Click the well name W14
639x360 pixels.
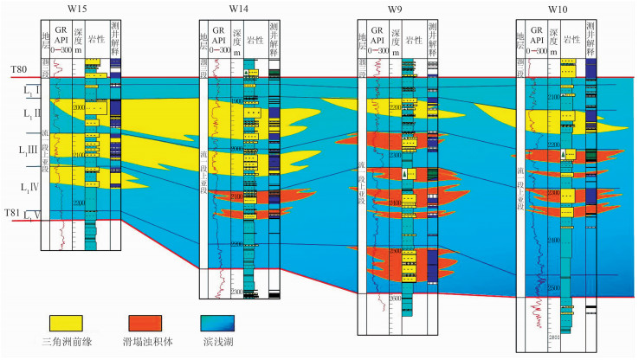pyautogui.click(x=240, y=9)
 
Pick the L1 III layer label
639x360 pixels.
pyautogui.click(x=29, y=152)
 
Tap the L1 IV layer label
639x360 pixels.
pyautogui.click(x=29, y=187)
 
